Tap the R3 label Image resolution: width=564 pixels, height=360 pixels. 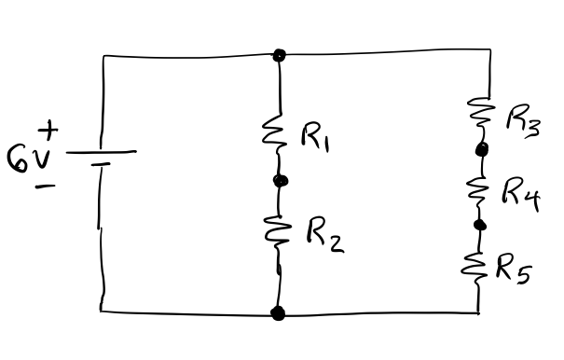(522, 120)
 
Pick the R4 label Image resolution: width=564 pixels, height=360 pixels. (521, 193)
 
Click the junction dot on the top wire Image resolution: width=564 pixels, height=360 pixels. (278, 55)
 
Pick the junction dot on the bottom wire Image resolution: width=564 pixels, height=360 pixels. (278, 313)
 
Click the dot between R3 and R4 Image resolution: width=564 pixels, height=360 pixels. (482, 149)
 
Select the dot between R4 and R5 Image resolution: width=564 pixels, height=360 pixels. (480, 225)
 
